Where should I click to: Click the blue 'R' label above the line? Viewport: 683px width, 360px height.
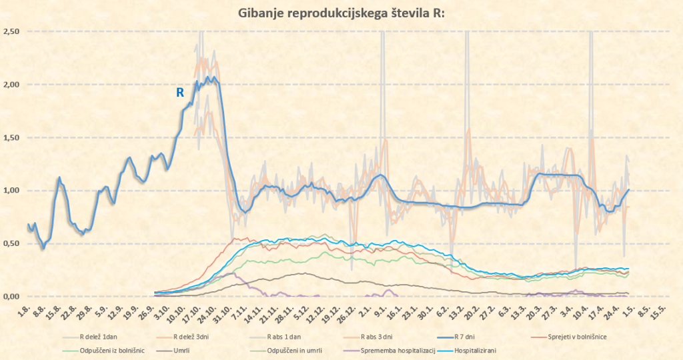(180, 93)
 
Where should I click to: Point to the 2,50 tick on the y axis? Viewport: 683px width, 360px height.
(11, 32)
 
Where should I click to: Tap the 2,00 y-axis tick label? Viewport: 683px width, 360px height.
(11, 85)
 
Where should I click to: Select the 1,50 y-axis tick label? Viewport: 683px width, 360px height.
(11, 138)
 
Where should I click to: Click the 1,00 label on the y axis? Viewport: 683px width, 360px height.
(11, 191)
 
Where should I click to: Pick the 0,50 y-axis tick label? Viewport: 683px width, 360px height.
(11, 244)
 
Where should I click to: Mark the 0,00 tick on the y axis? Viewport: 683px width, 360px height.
(11, 297)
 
